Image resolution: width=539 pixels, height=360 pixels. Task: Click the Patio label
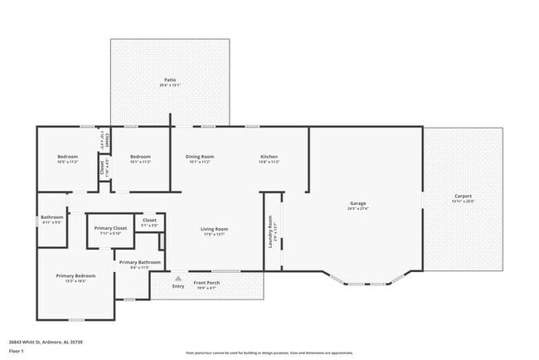(169, 80)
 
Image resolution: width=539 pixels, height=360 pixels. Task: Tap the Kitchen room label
(269, 157)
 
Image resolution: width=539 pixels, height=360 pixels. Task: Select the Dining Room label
(200, 157)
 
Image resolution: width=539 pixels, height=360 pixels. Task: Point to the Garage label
(358, 203)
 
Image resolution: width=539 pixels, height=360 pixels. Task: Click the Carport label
(462, 196)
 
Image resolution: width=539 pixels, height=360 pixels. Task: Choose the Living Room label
(214, 229)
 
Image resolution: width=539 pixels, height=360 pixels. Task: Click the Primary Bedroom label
(75, 275)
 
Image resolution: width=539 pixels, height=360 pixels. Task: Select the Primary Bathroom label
(134, 262)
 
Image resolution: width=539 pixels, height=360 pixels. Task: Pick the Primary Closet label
(110, 227)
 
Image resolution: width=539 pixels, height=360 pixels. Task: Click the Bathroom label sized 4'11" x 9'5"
(51, 217)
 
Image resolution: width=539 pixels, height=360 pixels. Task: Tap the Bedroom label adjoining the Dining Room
(140, 157)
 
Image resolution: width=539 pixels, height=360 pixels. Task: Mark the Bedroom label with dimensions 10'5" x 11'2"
(67, 157)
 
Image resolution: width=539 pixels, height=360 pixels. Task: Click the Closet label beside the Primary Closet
(149, 220)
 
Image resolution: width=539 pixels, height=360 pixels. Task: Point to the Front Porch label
(206, 283)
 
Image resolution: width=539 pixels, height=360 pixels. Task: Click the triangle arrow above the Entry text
(177, 278)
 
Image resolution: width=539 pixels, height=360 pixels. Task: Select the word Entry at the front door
(177, 286)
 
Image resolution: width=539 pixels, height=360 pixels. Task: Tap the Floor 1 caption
(16, 351)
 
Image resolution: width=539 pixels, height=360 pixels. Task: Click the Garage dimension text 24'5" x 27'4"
(358, 209)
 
